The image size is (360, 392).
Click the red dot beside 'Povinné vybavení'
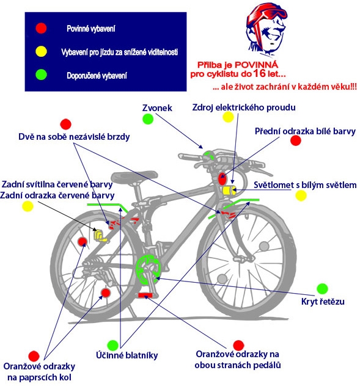[41, 28]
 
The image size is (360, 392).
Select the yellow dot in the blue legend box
[41, 51]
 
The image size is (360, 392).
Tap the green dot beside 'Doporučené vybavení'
[41, 74]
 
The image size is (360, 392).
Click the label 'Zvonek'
[157, 108]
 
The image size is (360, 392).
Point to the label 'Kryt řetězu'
[323, 302]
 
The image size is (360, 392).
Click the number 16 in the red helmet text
[259, 73]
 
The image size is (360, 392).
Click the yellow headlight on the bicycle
[229, 191]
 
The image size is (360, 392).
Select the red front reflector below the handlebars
[222, 179]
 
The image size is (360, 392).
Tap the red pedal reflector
[145, 296]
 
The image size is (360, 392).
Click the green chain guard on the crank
[147, 269]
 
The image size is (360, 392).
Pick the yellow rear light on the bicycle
[100, 236]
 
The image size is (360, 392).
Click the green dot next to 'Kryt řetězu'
[322, 289]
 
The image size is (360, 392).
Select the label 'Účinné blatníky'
[127, 355]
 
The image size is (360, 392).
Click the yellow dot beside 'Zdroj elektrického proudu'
[228, 117]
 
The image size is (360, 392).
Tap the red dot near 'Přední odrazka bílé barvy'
[295, 140]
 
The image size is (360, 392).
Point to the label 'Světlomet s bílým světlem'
[305, 185]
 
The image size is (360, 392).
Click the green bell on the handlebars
[208, 156]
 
